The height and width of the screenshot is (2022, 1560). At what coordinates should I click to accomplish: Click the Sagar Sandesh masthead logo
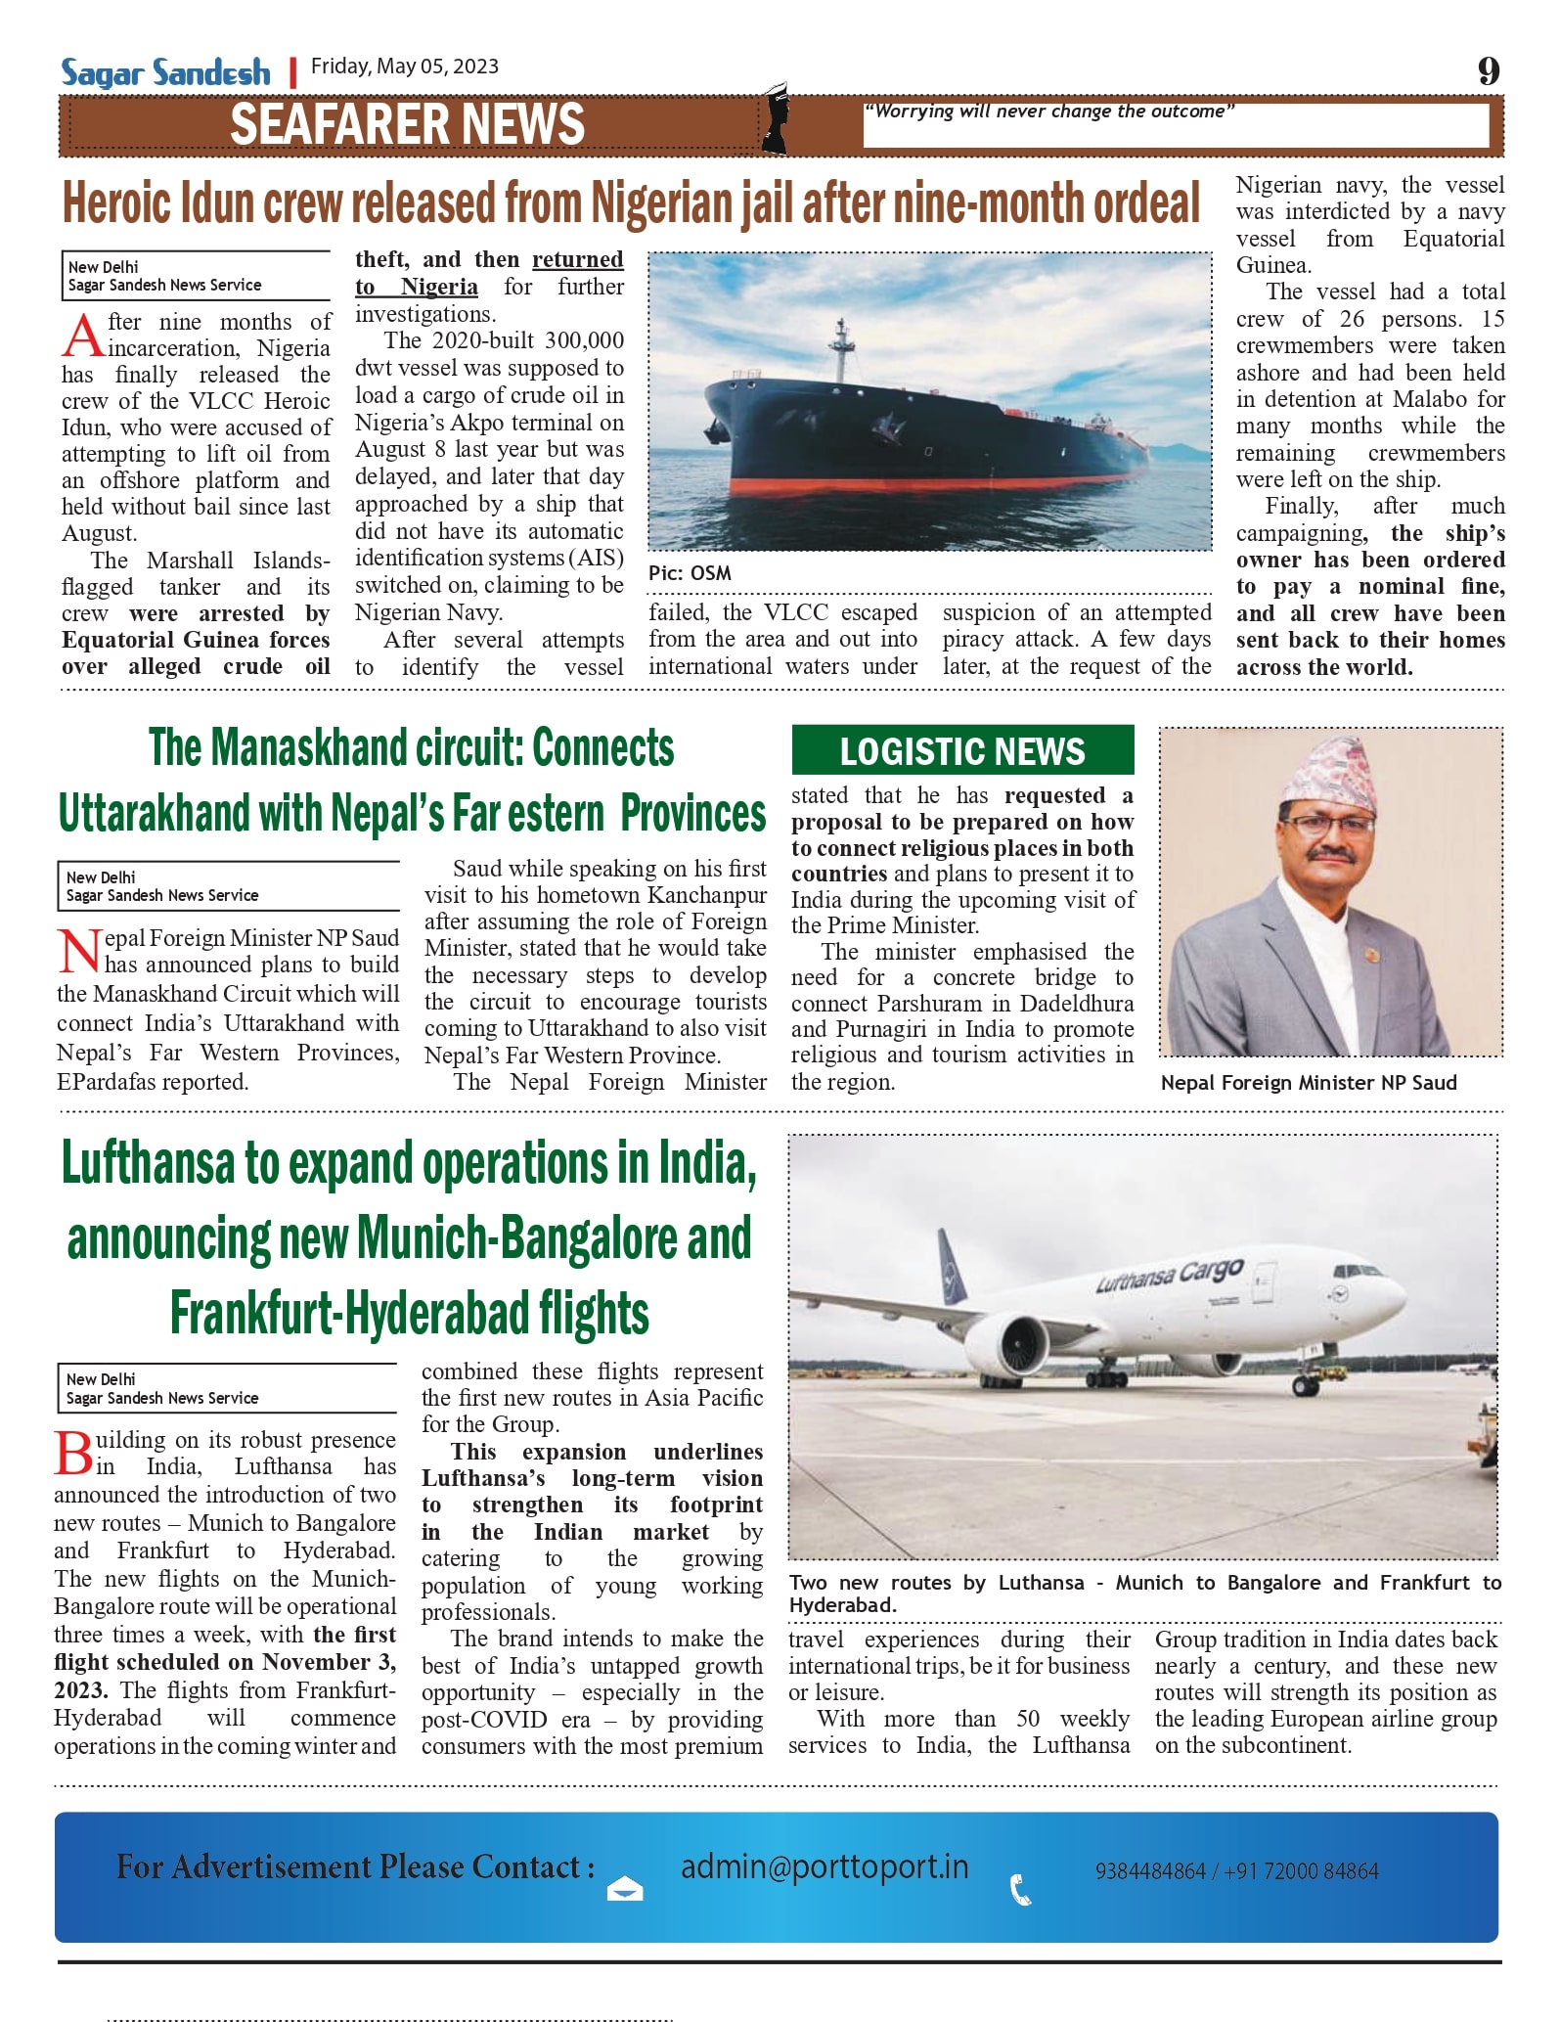[x=165, y=72]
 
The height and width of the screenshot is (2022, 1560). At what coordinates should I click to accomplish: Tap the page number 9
[x=1488, y=71]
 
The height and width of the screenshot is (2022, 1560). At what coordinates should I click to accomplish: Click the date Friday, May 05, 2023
[x=404, y=67]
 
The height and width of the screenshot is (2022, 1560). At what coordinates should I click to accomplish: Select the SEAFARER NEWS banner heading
[x=407, y=125]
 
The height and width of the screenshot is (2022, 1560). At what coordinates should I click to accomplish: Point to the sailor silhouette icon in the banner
[x=776, y=119]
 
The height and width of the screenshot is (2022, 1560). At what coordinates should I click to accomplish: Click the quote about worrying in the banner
[x=1048, y=112]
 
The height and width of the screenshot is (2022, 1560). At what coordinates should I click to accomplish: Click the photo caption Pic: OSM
[x=690, y=573]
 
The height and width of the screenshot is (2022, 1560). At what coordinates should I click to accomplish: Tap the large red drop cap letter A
[x=82, y=336]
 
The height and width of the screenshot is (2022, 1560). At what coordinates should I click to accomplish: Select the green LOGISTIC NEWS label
[x=962, y=750]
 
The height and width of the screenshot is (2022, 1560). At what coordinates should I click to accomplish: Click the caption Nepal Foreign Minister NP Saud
[x=1309, y=1083]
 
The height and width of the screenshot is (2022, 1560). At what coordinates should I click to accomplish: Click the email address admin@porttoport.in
[x=825, y=1866]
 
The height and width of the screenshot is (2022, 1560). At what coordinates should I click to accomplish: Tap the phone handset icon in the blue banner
[x=1020, y=1889]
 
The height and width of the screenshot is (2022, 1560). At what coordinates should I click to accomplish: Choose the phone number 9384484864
[x=1149, y=1871]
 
